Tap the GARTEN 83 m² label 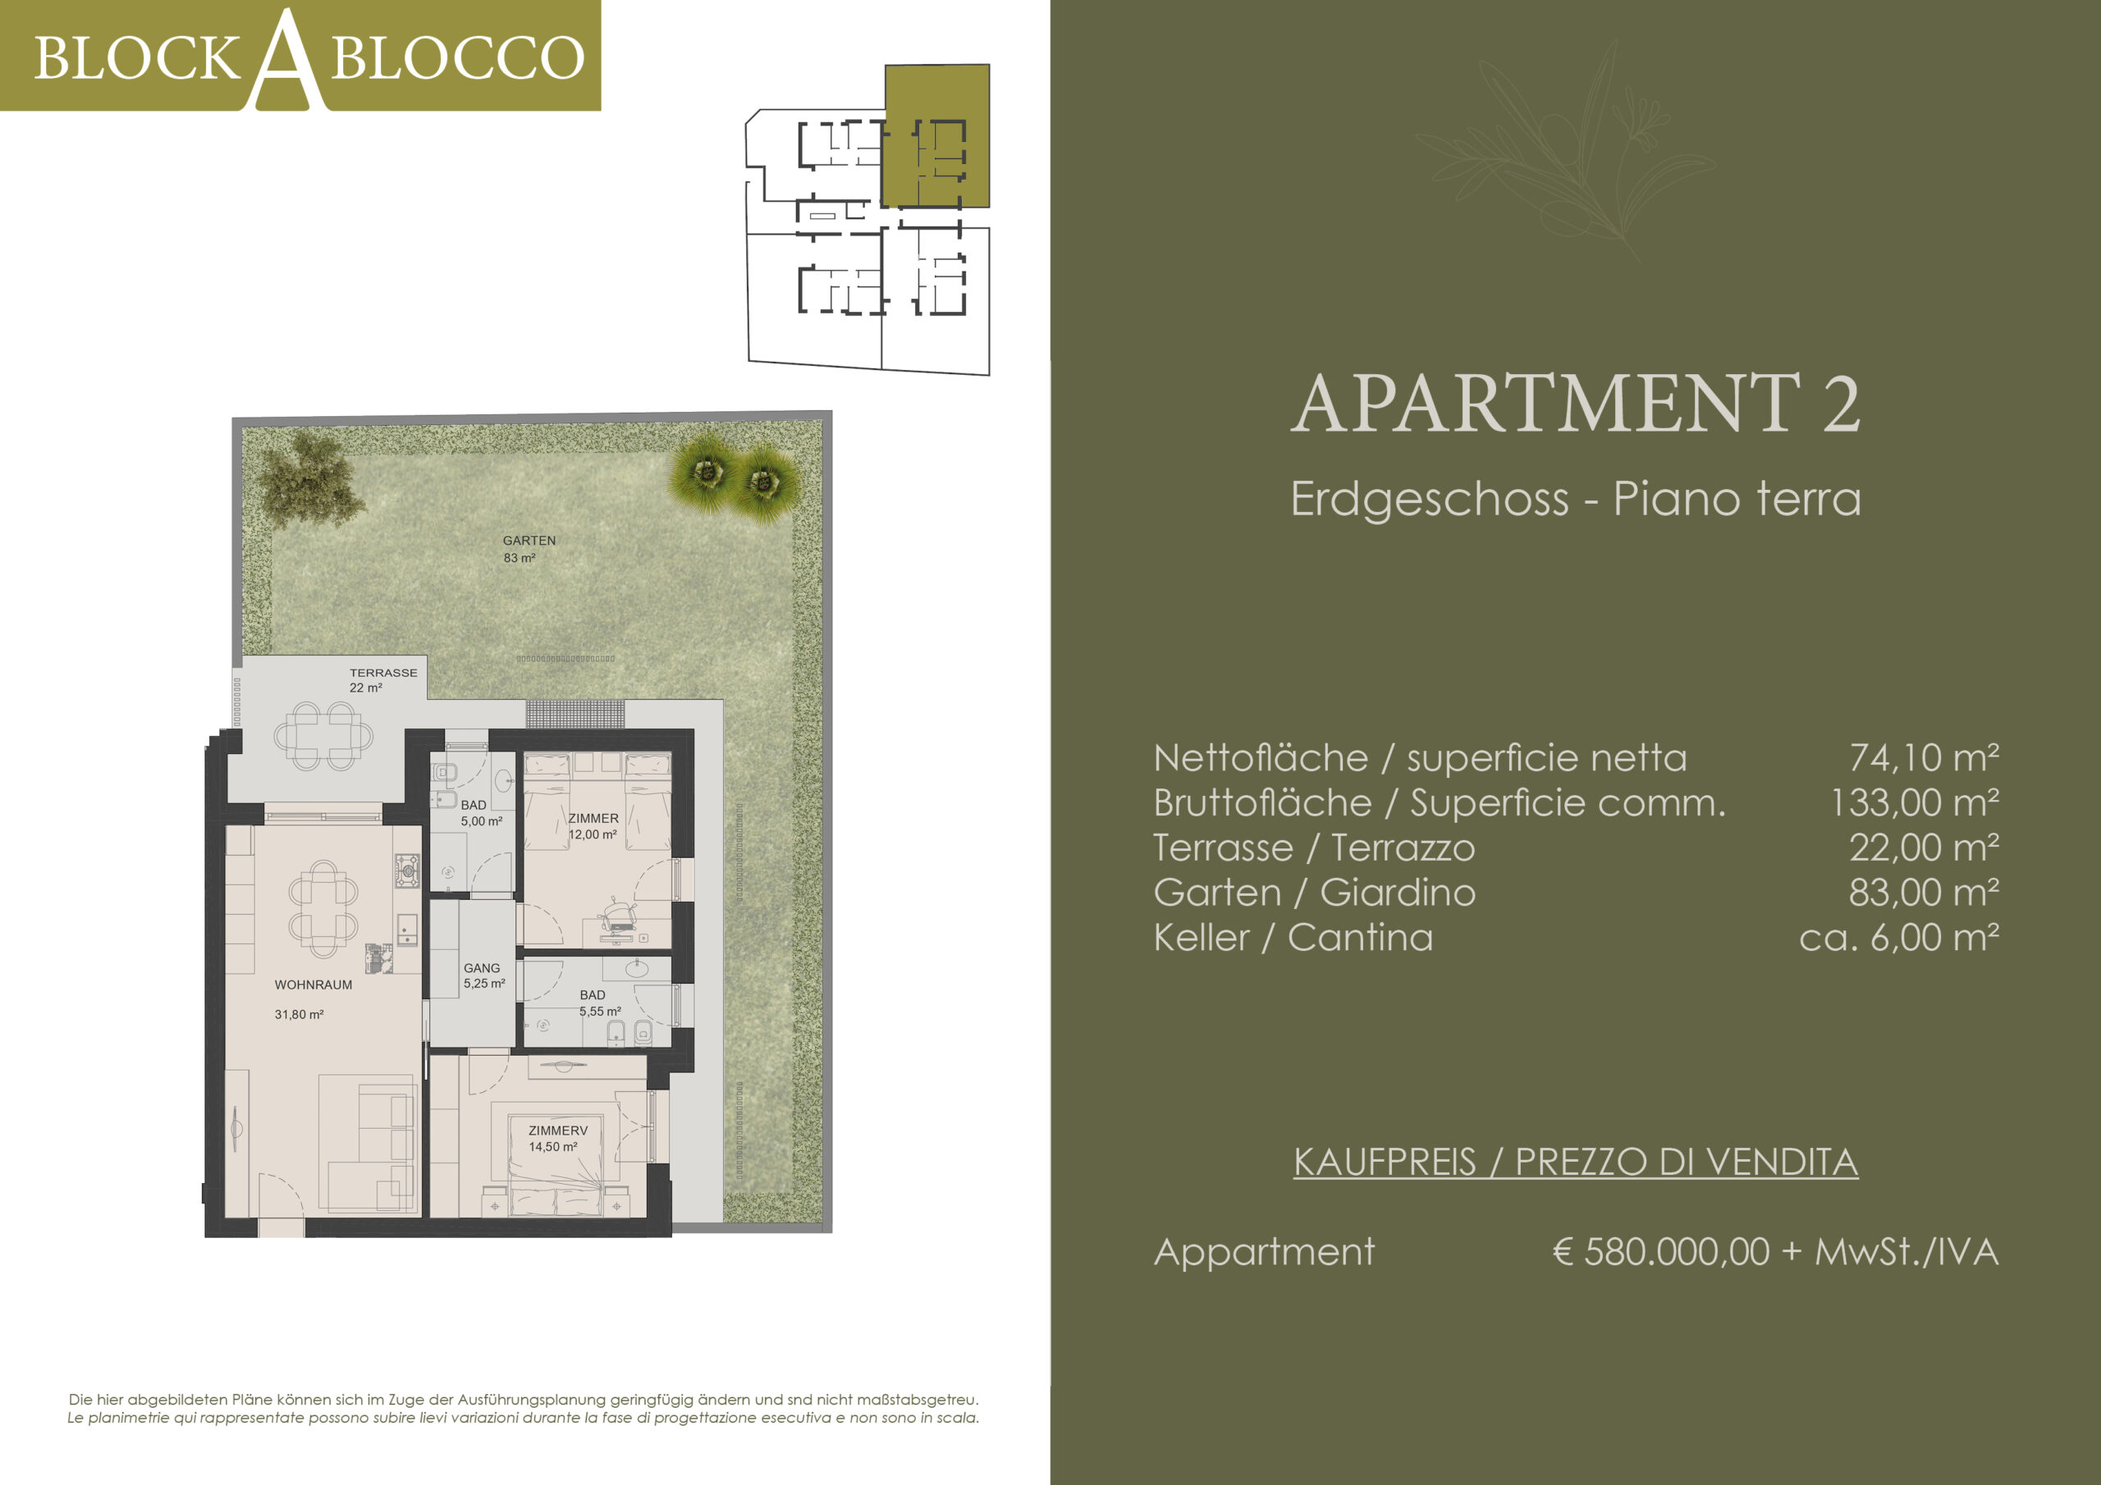[529, 549]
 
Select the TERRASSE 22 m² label [382, 680]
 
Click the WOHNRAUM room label [313, 985]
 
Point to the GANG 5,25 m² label [484, 976]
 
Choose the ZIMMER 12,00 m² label [593, 826]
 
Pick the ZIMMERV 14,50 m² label [557, 1138]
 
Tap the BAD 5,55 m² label [599, 1003]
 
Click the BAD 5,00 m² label [481, 812]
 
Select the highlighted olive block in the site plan [936, 135]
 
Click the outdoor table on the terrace [324, 736]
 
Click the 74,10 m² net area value [1925, 756]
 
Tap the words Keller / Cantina [1292, 937]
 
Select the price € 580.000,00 [1661, 1251]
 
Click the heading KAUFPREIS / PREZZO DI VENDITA [1576, 1161]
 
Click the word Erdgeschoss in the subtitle [1430, 500]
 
